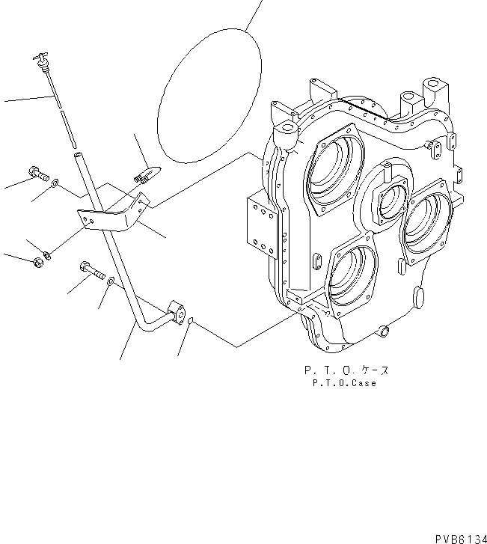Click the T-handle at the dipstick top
[x=40, y=58]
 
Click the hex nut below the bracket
[x=35, y=261]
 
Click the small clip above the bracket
[x=144, y=175]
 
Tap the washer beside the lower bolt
[x=111, y=281]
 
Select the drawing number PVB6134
[x=459, y=537]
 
